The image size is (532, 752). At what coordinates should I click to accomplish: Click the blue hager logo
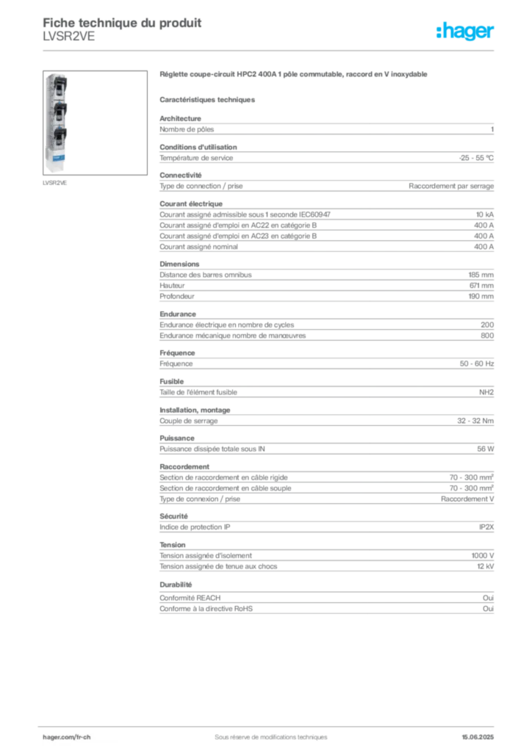(466, 32)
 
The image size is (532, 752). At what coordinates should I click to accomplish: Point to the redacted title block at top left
(121, 28)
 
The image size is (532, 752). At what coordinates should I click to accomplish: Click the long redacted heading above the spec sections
(293, 75)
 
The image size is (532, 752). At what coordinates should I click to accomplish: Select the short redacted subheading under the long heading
(208, 99)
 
